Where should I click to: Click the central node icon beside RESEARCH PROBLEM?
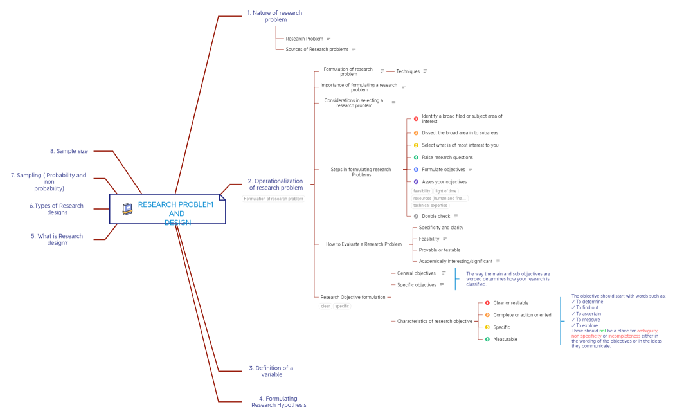(x=127, y=209)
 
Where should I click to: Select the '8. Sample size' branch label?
(x=69, y=151)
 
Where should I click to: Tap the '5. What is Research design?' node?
(x=57, y=239)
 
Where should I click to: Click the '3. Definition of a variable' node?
(x=271, y=371)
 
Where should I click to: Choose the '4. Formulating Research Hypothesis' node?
(x=278, y=402)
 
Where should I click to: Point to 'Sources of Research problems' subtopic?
(x=317, y=49)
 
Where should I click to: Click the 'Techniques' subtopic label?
(x=408, y=71)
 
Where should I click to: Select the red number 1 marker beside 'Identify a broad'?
(x=416, y=119)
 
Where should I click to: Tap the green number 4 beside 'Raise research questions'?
(x=416, y=158)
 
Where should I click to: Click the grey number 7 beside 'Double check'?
(x=416, y=216)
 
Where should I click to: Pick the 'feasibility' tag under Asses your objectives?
(x=422, y=191)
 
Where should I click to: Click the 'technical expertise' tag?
(x=430, y=206)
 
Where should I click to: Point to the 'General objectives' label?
(x=417, y=273)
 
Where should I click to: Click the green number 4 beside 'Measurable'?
(x=487, y=339)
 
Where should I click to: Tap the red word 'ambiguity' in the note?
(x=647, y=331)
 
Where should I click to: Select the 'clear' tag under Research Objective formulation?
(x=325, y=306)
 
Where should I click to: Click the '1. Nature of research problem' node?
(x=274, y=16)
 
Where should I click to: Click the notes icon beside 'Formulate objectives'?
(x=471, y=169)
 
